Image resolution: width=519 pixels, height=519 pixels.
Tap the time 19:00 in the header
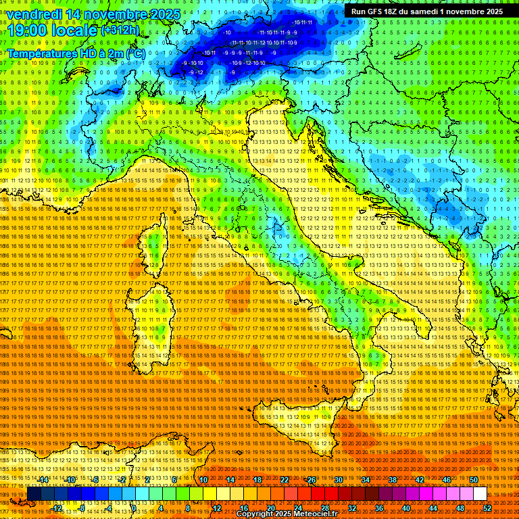tap(27, 30)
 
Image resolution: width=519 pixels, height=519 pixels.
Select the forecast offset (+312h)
tap(120, 30)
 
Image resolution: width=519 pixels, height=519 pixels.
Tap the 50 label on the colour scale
tap(473, 480)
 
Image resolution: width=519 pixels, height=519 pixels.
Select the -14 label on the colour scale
tap(44, 480)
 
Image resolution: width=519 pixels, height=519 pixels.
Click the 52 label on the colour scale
tap(487, 508)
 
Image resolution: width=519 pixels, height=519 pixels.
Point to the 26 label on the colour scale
tap(312, 480)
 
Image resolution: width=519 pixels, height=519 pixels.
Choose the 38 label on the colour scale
tap(393, 480)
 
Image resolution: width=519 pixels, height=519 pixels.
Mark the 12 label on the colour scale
tap(217, 508)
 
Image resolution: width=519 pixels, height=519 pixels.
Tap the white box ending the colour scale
tap(480, 494)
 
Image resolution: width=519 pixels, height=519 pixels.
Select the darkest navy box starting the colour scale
tap(34, 494)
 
